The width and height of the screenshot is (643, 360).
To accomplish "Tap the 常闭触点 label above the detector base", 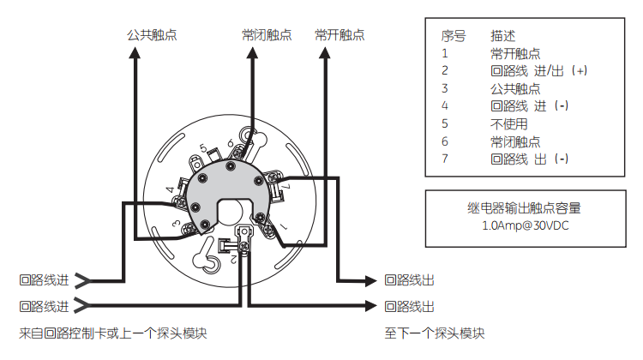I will pos(267,35).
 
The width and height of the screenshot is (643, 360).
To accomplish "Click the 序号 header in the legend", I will pos(454,37).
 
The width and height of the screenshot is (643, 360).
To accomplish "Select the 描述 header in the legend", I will pos(503,37).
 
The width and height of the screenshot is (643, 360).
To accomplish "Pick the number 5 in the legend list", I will pos(445,123).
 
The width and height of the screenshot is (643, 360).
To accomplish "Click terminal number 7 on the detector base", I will pos(286,186).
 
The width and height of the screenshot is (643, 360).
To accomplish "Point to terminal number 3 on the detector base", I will pos(175,225).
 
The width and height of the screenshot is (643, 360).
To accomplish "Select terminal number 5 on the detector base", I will pos(203,148).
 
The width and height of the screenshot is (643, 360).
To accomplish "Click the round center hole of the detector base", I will pos(232,211).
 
